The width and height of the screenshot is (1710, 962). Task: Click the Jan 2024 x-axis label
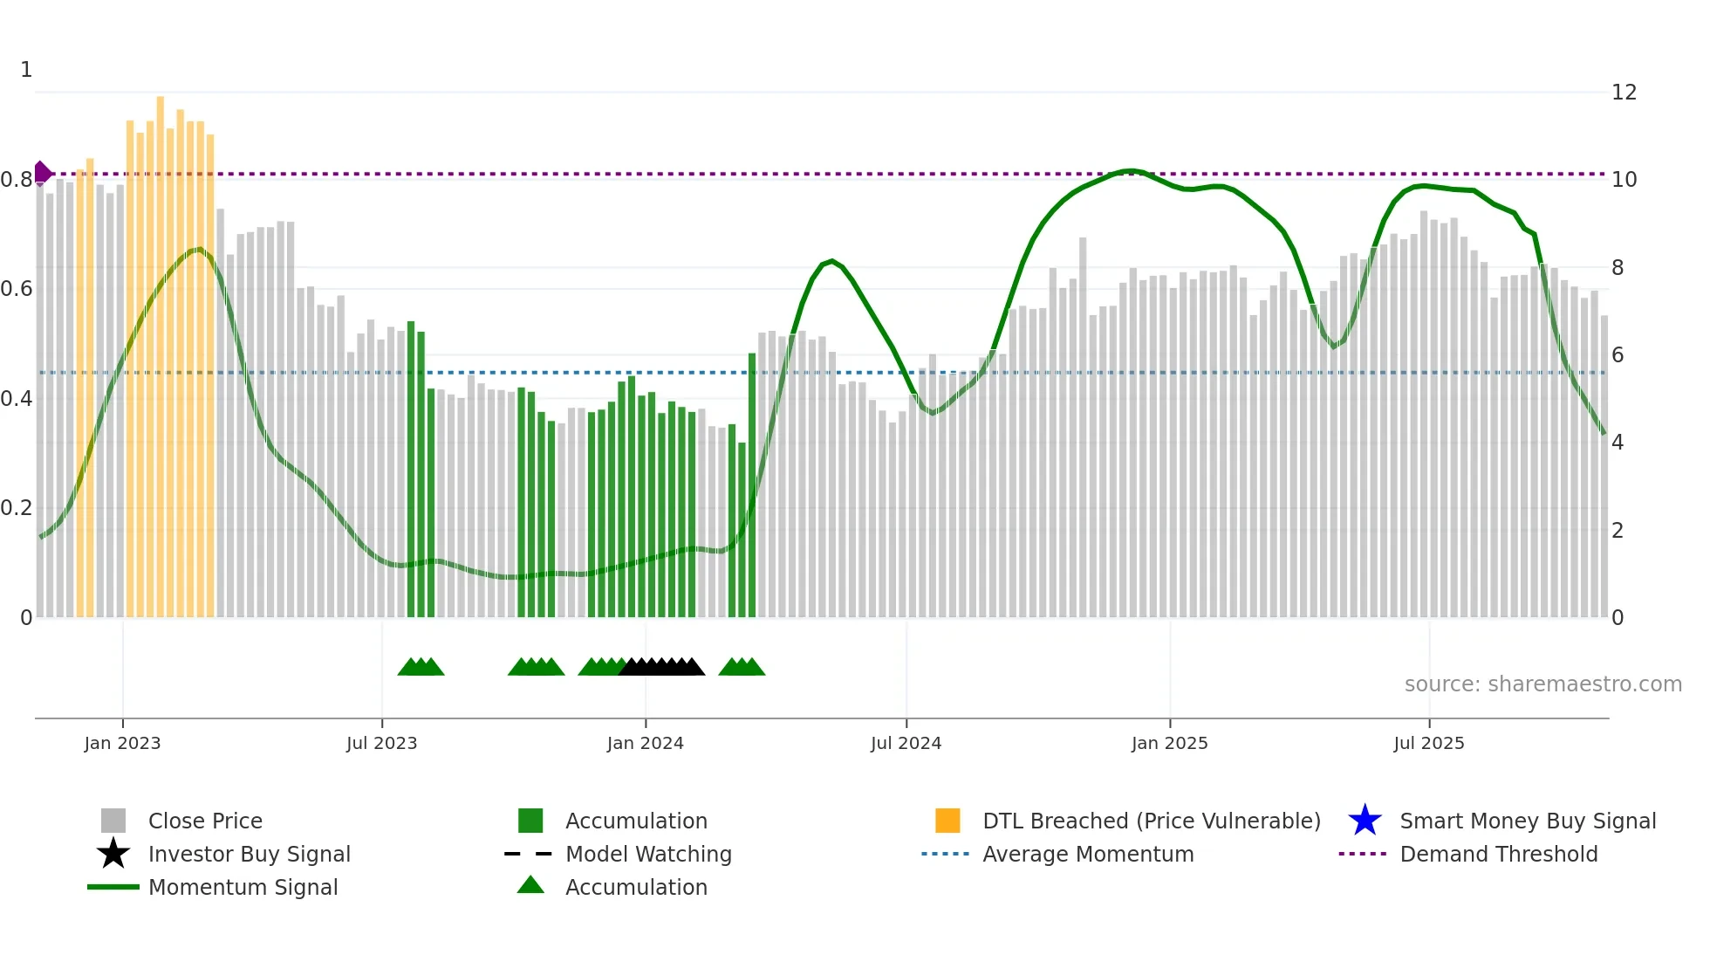pos(645,743)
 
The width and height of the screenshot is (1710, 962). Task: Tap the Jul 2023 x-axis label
pos(381,743)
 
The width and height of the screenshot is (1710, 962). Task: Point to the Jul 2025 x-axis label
pos(1428,743)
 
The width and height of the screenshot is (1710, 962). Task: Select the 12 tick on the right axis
pos(1624,93)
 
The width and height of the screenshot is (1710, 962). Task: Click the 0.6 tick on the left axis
pos(17,289)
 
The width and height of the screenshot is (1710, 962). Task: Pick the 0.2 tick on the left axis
pos(17,508)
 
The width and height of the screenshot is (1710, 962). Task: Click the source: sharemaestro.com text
pos(1542,684)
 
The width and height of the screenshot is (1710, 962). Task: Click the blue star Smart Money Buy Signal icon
pos(1365,821)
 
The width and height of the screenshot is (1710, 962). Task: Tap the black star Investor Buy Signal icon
pos(113,854)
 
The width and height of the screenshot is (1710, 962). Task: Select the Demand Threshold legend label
pos(1498,854)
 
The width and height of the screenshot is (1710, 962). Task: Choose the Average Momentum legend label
pos(1088,854)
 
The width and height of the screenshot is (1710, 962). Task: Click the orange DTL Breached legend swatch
pos(947,821)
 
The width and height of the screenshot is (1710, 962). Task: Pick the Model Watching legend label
pos(648,854)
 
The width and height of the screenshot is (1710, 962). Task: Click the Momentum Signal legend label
pos(243,887)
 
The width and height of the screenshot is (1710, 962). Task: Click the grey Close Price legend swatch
pos(113,821)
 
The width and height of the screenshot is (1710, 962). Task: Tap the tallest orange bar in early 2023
pos(161,349)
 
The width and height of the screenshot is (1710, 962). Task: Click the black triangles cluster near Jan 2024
pos(661,668)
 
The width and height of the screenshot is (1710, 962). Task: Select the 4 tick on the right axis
pos(1617,443)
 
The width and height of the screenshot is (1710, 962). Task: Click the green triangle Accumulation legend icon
pos(530,886)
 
